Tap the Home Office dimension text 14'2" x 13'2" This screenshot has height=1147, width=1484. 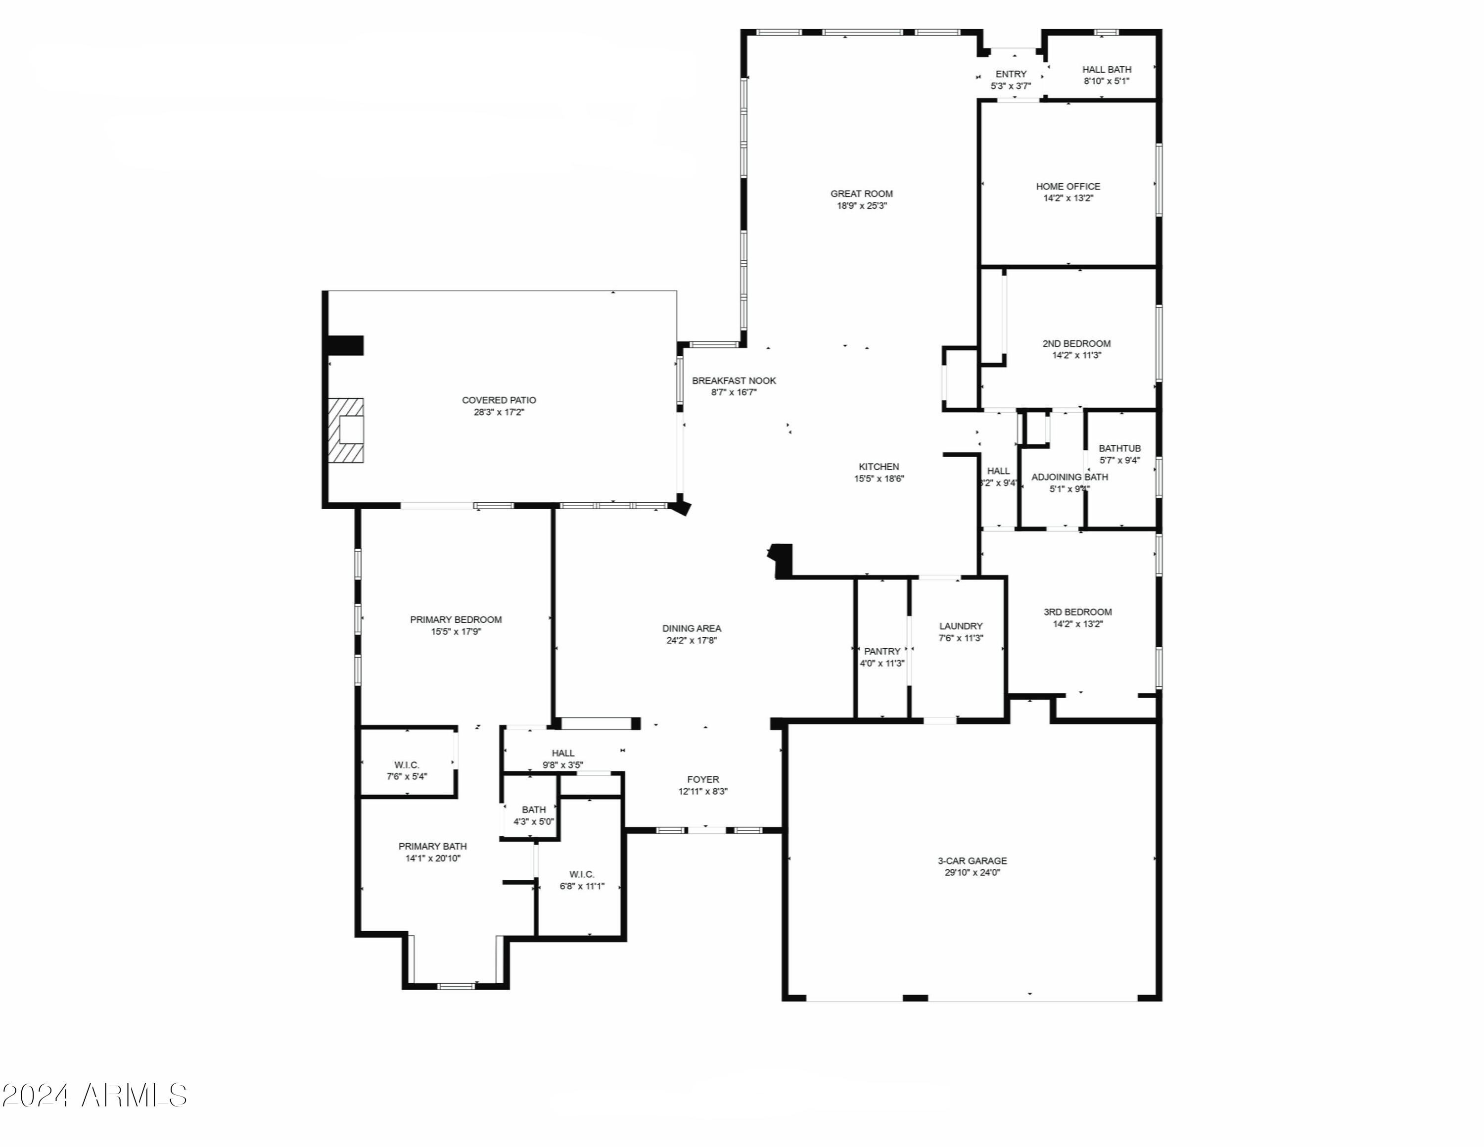[1067, 198]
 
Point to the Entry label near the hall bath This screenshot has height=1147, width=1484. [1011, 74]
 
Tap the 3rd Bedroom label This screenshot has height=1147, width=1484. [1078, 612]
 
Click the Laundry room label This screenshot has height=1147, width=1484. [961, 626]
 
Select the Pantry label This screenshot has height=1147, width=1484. [882, 651]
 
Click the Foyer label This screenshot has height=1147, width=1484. [702, 779]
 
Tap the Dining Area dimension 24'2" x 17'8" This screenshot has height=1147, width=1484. [692, 640]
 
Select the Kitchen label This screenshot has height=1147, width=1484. [879, 467]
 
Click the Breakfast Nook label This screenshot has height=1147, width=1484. [734, 381]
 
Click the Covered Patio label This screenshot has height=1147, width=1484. [499, 400]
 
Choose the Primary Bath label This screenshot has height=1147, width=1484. [432, 846]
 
